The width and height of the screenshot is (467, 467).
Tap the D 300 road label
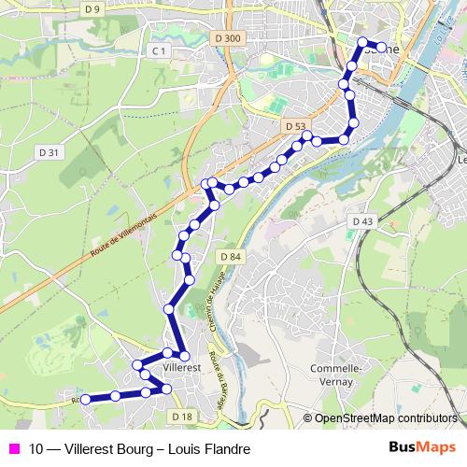tap(227, 38)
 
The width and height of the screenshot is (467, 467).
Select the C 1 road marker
tap(159, 50)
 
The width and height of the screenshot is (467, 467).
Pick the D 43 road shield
tap(363, 220)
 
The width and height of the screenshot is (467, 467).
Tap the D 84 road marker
tap(233, 256)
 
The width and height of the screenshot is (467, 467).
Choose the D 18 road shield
tap(182, 416)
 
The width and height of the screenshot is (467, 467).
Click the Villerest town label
tap(182, 368)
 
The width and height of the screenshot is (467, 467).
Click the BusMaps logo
tap(422, 448)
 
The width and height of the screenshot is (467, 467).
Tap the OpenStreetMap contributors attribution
tap(385, 418)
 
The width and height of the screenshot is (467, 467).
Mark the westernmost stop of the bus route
tap(85, 399)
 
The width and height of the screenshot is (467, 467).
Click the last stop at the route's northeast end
tap(381, 47)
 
